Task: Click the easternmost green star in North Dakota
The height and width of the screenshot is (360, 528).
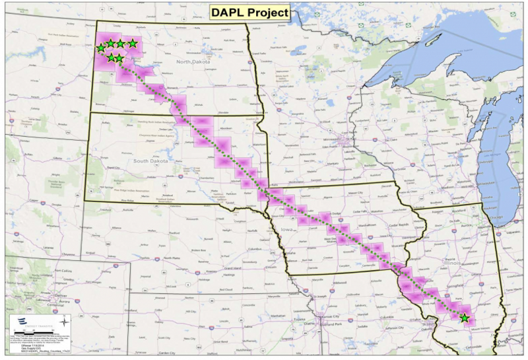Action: point(133,44)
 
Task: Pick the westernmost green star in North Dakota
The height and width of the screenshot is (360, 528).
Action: point(100,48)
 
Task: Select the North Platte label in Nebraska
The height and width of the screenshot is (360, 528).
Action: point(173,258)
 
